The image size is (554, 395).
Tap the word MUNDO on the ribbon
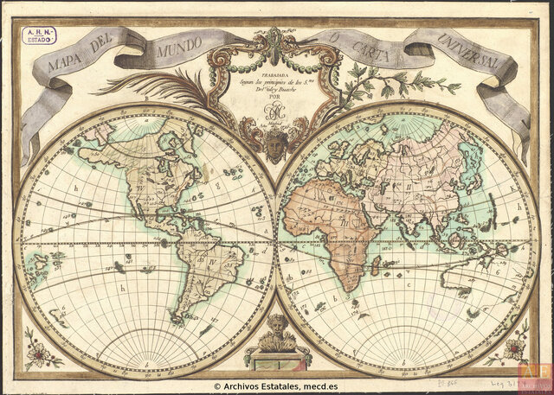180,53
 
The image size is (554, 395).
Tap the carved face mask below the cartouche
275,147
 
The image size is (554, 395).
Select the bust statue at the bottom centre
277,333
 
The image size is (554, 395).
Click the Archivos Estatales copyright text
275,386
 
